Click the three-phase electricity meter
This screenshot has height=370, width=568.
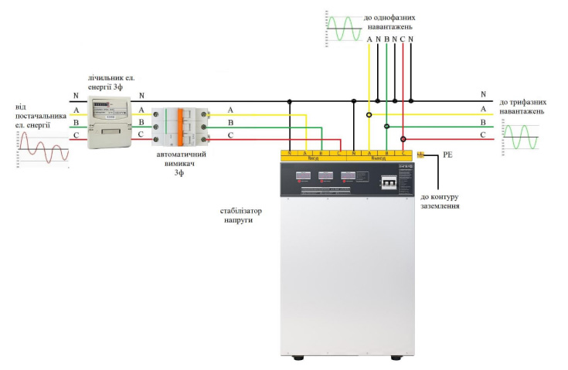click(x=111, y=122)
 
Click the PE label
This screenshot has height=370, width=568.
click(x=447, y=156)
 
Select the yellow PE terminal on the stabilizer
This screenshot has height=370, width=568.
click(x=420, y=155)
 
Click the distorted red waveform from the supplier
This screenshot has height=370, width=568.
click(x=43, y=147)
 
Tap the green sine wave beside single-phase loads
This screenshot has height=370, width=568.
click(x=343, y=28)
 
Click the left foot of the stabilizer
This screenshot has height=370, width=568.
click(x=298, y=358)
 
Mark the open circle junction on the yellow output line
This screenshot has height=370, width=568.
click(x=369, y=115)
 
